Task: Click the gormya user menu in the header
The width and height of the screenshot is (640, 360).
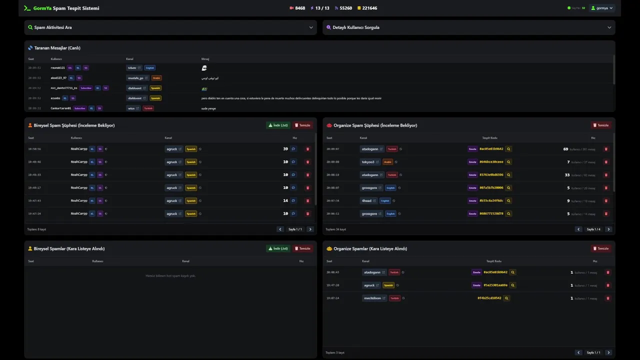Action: pyautogui.click(x=601, y=8)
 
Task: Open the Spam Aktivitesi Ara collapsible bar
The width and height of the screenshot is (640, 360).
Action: pyautogui.click(x=170, y=27)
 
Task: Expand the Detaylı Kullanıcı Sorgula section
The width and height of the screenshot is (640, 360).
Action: pyautogui.click(x=468, y=27)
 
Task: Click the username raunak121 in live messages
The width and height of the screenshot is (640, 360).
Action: pyautogui.click(x=58, y=67)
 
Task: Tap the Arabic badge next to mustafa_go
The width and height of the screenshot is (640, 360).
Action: pyautogui.click(x=156, y=78)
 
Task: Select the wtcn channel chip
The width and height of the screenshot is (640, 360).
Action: pyautogui.click(x=132, y=108)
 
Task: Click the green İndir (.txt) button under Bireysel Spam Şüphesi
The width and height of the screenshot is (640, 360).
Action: pyautogui.click(x=278, y=125)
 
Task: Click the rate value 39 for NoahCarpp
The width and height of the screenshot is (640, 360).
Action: pyautogui.click(x=285, y=148)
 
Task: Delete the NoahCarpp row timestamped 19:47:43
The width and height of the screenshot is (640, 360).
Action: pyautogui.click(x=307, y=200)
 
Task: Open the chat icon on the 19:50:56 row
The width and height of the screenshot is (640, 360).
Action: pyautogui.click(x=293, y=148)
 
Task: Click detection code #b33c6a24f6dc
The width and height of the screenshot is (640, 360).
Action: pyautogui.click(x=491, y=200)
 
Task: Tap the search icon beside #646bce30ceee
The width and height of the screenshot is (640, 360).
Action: pyautogui.click(x=508, y=162)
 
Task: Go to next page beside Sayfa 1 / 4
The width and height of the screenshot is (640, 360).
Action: pyautogui.click(x=608, y=229)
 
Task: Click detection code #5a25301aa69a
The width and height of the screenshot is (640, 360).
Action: pyautogui.click(x=495, y=285)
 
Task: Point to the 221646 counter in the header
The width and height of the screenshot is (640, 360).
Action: pyautogui.click(x=369, y=8)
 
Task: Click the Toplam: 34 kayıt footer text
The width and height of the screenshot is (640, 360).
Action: pyautogui.click(x=335, y=229)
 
